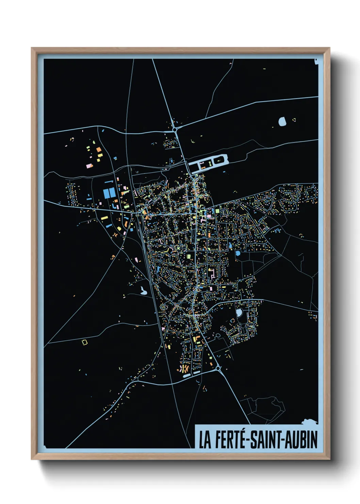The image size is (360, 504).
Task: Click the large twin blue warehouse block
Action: [110, 193]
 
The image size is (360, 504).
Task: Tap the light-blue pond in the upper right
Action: [282, 121]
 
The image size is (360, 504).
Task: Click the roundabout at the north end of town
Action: [175, 129]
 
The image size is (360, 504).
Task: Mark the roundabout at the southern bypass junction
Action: [218, 368]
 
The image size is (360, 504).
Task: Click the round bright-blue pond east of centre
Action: [238, 253]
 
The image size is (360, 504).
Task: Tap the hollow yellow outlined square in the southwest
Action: [85, 341]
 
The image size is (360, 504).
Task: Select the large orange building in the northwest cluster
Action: [99, 149]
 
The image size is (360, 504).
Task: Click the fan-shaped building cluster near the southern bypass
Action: [184, 369]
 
